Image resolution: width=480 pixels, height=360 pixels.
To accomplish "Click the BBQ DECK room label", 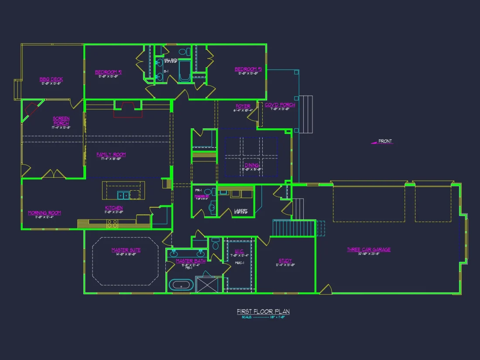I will click(51, 79).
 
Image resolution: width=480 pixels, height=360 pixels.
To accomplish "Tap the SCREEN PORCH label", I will click(61, 121).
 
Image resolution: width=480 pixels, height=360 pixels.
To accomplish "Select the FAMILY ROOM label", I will click(111, 154).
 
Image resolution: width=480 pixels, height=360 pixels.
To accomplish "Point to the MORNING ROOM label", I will click(45, 213).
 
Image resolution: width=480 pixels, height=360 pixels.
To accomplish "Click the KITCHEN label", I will click(113, 208).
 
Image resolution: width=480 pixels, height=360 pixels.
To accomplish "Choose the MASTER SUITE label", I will click(126, 250).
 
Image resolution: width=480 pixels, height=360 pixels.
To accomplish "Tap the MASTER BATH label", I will click(191, 261).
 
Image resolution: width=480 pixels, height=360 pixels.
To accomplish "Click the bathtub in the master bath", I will click(181, 286).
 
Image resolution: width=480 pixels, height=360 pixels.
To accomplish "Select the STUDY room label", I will click(285, 261).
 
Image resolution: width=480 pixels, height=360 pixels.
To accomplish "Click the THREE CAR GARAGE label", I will click(369, 250).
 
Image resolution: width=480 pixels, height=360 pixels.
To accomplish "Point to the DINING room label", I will click(252, 165).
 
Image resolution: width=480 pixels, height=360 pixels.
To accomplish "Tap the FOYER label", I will click(243, 106).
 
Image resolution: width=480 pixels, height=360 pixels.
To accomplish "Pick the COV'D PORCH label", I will click(280, 105).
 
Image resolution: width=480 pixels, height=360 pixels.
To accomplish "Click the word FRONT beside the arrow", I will click(385, 141).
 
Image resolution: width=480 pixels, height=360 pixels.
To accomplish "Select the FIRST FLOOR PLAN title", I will click(263, 312).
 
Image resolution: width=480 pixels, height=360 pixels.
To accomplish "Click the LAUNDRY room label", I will click(240, 210).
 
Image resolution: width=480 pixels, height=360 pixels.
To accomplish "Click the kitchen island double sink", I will click(123, 195).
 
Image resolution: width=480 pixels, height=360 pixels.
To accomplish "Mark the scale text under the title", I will click(263, 317).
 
